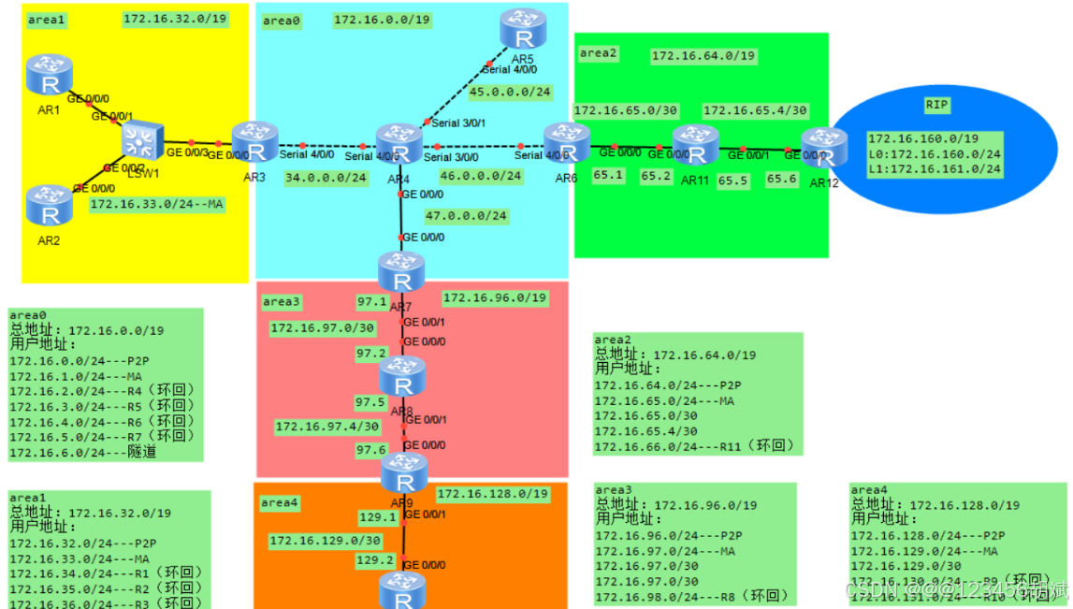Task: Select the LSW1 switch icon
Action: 143,140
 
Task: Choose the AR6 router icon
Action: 566,143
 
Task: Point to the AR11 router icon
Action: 694,145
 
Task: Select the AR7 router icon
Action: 401,272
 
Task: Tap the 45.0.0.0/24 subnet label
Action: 510,93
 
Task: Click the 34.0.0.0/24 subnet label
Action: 326,176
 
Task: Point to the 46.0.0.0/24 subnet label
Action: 480,176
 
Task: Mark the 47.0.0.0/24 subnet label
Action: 466,217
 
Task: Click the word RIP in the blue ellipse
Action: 936,105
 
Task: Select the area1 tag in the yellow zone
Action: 46,19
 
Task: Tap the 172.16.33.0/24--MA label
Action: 157,204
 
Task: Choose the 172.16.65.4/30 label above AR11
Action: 754,109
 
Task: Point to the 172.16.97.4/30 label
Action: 326,427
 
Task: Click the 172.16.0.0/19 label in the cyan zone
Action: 382,20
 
